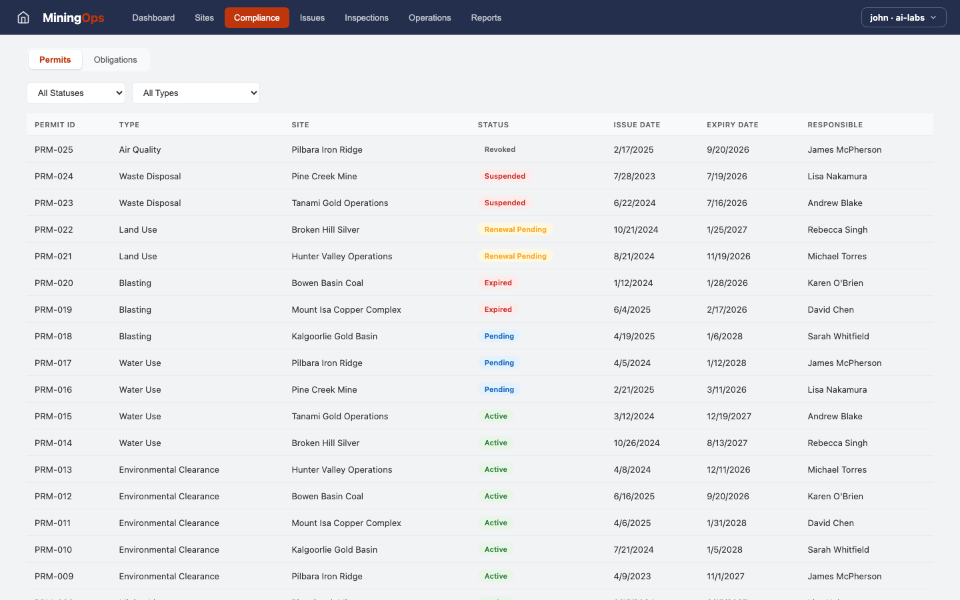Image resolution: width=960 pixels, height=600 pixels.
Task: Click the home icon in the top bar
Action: point(23,17)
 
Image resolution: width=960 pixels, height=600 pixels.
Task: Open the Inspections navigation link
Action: point(366,17)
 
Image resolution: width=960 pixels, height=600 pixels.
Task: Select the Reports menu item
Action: point(486,17)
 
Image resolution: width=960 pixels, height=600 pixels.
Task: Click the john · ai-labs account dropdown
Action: point(903,17)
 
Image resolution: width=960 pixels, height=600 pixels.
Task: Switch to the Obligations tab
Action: point(115,59)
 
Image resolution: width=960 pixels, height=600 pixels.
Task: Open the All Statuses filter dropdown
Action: point(76,93)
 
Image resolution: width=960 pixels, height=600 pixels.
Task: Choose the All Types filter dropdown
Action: point(196,93)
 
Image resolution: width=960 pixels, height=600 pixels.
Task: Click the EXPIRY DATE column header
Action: point(732,125)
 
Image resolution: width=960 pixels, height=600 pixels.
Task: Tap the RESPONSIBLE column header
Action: point(835,125)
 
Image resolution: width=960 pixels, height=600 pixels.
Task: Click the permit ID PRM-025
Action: point(54,149)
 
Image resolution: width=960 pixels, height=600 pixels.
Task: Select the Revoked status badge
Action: point(500,149)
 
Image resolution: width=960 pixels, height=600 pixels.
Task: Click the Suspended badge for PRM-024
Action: point(505,176)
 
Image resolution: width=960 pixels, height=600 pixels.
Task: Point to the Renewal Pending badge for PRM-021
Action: point(515,256)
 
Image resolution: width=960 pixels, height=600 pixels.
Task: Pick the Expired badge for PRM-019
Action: point(498,309)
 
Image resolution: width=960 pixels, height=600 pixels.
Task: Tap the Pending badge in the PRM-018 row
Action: point(499,336)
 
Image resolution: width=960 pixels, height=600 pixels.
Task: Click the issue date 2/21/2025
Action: point(634,389)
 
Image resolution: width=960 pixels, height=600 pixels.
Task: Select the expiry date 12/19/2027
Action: point(729,416)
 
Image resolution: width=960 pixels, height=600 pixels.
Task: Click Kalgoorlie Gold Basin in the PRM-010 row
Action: point(334,549)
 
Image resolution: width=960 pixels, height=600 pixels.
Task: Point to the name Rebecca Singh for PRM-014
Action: point(837,443)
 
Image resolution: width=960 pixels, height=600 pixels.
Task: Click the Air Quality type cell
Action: point(140,149)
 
